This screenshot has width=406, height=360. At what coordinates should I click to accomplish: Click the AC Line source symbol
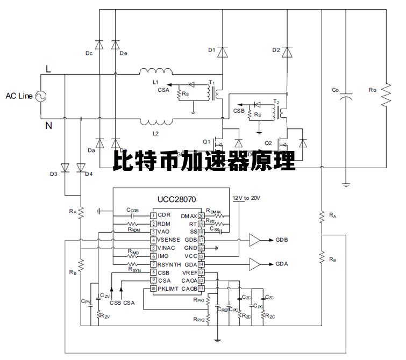41,96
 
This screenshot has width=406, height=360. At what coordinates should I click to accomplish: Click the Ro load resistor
386,96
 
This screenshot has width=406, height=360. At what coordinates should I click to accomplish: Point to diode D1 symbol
222,52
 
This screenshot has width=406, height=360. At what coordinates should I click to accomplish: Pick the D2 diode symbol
287,52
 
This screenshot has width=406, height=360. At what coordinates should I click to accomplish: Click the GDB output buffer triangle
257,240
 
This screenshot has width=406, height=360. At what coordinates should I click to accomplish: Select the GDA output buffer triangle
257,264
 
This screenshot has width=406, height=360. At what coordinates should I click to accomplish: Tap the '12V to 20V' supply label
246,198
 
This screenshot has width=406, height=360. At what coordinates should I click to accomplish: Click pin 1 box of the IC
153,215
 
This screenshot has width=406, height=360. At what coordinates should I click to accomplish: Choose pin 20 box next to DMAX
201,215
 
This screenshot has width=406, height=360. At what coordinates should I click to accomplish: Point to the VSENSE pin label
170,240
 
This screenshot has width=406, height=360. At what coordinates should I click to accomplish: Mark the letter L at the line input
48,69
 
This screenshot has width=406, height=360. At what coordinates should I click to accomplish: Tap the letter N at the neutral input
48,126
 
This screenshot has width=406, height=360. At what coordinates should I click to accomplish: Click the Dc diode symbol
99,45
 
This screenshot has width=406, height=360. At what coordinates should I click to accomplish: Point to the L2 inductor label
156,132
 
